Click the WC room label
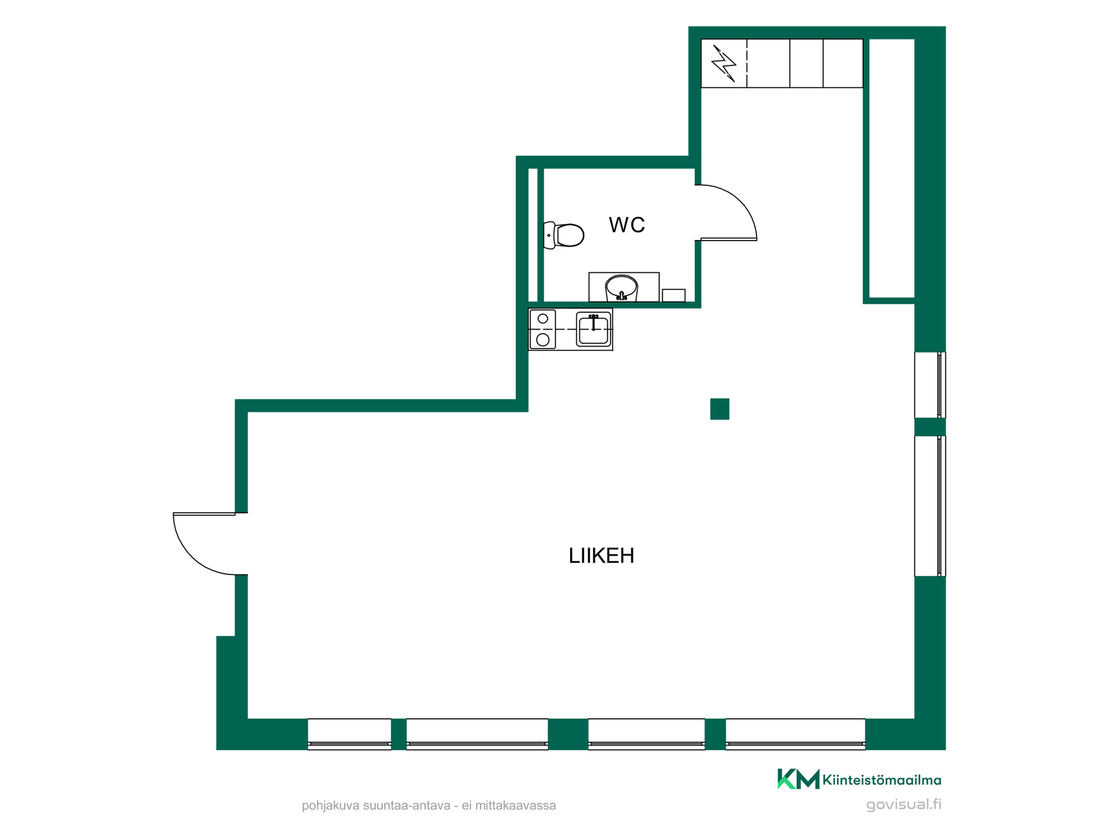(x=627, y=225)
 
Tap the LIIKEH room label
(x=601, y=556)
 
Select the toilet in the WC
(x=564, y=235)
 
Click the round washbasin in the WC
(x=622, y=288)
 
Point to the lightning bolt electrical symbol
(x=724, y=63)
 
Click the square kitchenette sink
(x=594, y=329)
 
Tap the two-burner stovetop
(x=543, y=329)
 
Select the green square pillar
(x=720, y=409)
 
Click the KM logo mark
(x=798, y=779)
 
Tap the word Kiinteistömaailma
(x=882, y=780)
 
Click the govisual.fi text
(x=903, y=805)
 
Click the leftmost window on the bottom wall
(x=349, y=734)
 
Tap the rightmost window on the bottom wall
(x=795, y=734)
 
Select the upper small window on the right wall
(x=930, y=385)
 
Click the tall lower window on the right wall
(x=930, y=506)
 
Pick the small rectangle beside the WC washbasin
(x=674, y=295)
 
